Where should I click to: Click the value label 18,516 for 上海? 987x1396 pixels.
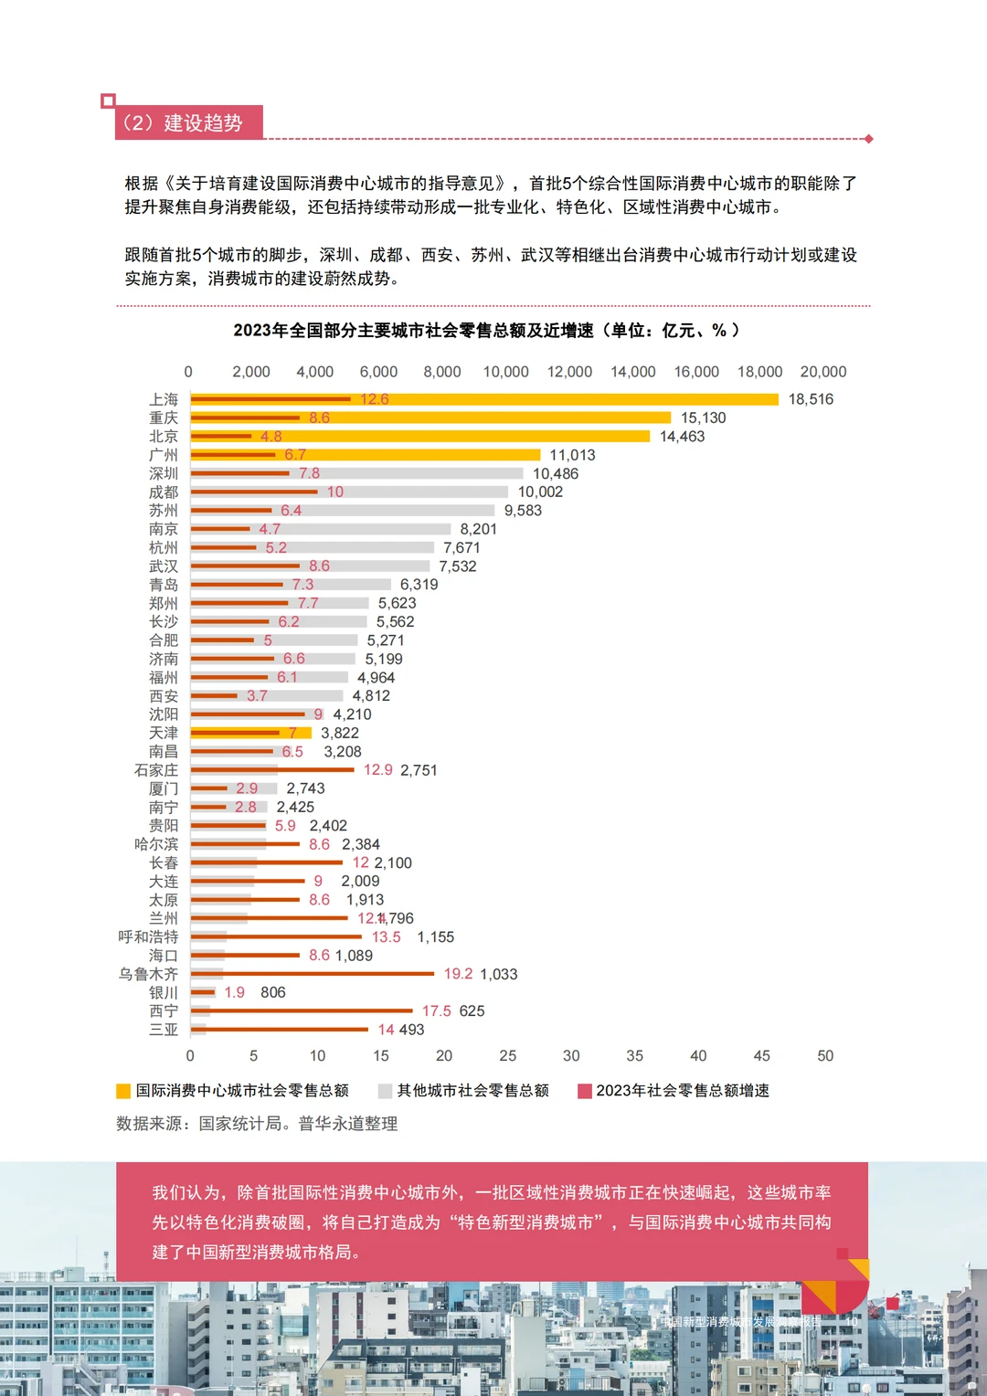pyautogui.click(x=811, y=399)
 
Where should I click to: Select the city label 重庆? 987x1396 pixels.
pyautogui.click(x=164, y=418)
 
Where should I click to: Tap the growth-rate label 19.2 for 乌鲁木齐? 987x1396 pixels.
pyautogui.click(x=458, y=974)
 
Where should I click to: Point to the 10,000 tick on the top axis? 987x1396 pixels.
pyautogui.click(x=505, y=372)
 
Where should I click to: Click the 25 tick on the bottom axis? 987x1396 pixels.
pyautogui.click(x=508, y=1056)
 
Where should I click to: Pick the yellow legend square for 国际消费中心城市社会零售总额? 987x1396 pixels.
pyautogui.click(x=123, y=1091)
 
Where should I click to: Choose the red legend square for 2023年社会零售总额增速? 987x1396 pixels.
pyautogui.click(x=585, y=1091)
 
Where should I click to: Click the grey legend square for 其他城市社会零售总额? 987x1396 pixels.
pyautogui.click(x=385, y=1091)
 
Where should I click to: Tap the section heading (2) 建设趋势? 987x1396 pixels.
pyautogui.click(x=183, y=123)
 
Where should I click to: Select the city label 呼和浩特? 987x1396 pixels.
pyautogui.click(x=148, y=937)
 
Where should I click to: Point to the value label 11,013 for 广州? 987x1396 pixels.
pyautogui.click(x=572, y=455)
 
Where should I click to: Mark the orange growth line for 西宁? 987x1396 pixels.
pyautogui.click(x=302, y=1010)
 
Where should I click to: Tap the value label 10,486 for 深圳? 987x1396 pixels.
pyautogui.click(x=556, y=473)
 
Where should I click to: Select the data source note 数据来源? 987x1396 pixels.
pyautogui.click(x=257, y=1124)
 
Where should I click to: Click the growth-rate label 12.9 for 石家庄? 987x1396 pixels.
pyautogui.click(x=377, y=770)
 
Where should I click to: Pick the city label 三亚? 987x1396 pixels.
pyautogui.click(x=164, y=1030)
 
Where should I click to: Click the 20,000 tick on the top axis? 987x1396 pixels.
pyautogui.click(x=822, y=372)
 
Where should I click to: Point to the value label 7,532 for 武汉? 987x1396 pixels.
pyautogui.click(x=458, y=566)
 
